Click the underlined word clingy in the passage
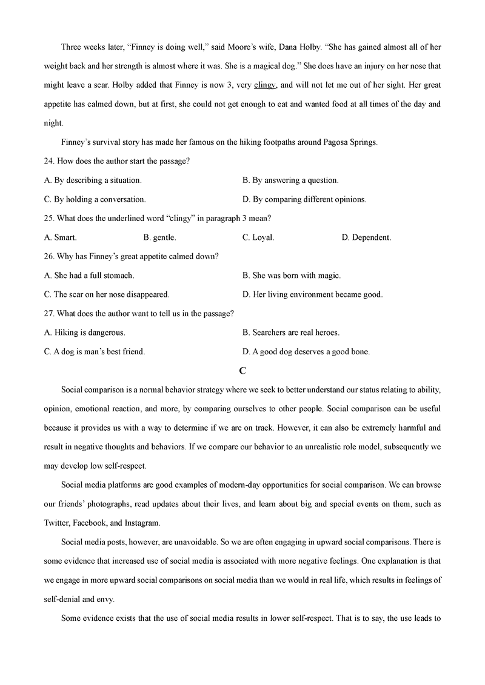(x=265, y=85)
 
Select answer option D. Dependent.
(x=366, y=237)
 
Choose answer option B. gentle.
(x=159, y=237)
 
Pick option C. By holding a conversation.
(x=95, y=199)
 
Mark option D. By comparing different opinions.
(x=304, y=199)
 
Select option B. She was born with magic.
(x=292, y=276)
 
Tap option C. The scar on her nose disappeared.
(x=107, y=294)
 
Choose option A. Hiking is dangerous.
(x=85, y=333)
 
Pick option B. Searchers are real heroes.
(x=291, y=333)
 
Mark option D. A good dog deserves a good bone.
(x=306, y=351)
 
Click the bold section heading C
(x=242, y=370)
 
